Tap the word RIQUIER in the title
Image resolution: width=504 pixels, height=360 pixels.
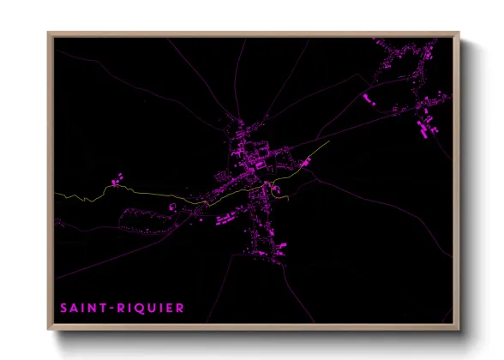(x=152, y=307)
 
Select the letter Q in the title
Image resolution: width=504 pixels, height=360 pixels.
(x=145, y=307)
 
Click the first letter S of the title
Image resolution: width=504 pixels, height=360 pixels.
(x=63, y=307)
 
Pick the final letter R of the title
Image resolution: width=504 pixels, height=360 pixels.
(x=179, y=307)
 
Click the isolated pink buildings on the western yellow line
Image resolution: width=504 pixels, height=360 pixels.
(x=117, y=180)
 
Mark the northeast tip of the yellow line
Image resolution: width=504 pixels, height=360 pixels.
(x=329, y=142)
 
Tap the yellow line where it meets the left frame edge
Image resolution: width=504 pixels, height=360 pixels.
(x=57, y=194)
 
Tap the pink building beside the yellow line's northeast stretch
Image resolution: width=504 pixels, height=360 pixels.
(x=306, y=161)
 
